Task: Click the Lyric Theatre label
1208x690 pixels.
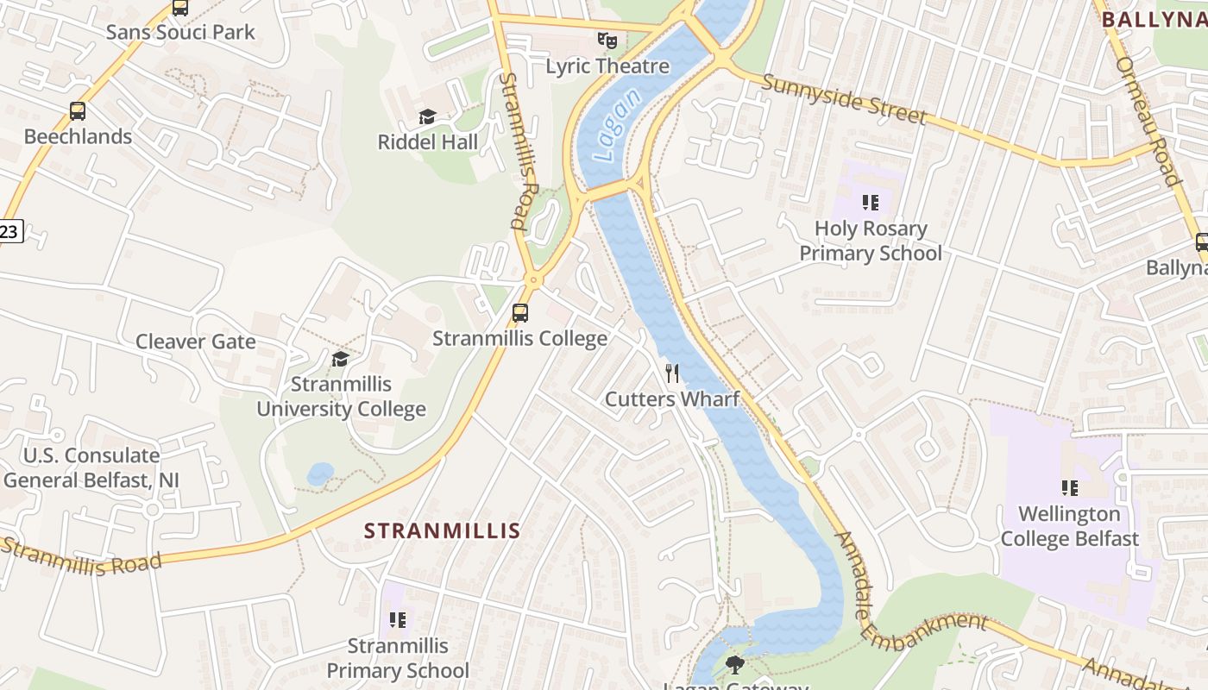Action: tap(607, 66)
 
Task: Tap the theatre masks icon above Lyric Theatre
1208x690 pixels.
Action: tap(607, 41)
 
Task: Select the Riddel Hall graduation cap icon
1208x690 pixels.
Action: tap(427, 116)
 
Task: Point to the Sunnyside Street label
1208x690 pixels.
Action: tap(844, 100)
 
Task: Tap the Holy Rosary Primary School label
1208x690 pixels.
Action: tap(871, 241)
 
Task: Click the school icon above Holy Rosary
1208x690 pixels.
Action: tap(871, 203)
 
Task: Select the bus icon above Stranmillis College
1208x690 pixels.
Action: tap(519, 313)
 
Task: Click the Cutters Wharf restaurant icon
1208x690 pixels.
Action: tap(672, 373)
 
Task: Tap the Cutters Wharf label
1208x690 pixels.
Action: tap(672, 398)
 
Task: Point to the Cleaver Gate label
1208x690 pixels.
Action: tap(196, 342)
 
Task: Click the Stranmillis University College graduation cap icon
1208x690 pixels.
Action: tap(341, 359)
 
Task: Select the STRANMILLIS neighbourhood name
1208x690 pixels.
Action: tap(442, 530)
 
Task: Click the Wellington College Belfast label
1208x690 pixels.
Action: tap(1070, 526)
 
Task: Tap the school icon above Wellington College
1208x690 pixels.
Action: tap(1070, 488)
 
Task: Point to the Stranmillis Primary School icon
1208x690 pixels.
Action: tap(398, 619)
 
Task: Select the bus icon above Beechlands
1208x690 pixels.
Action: tap(78, 111)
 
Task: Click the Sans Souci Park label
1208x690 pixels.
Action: tap(180, 33)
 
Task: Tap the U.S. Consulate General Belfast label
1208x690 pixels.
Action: tap(91, 467)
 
